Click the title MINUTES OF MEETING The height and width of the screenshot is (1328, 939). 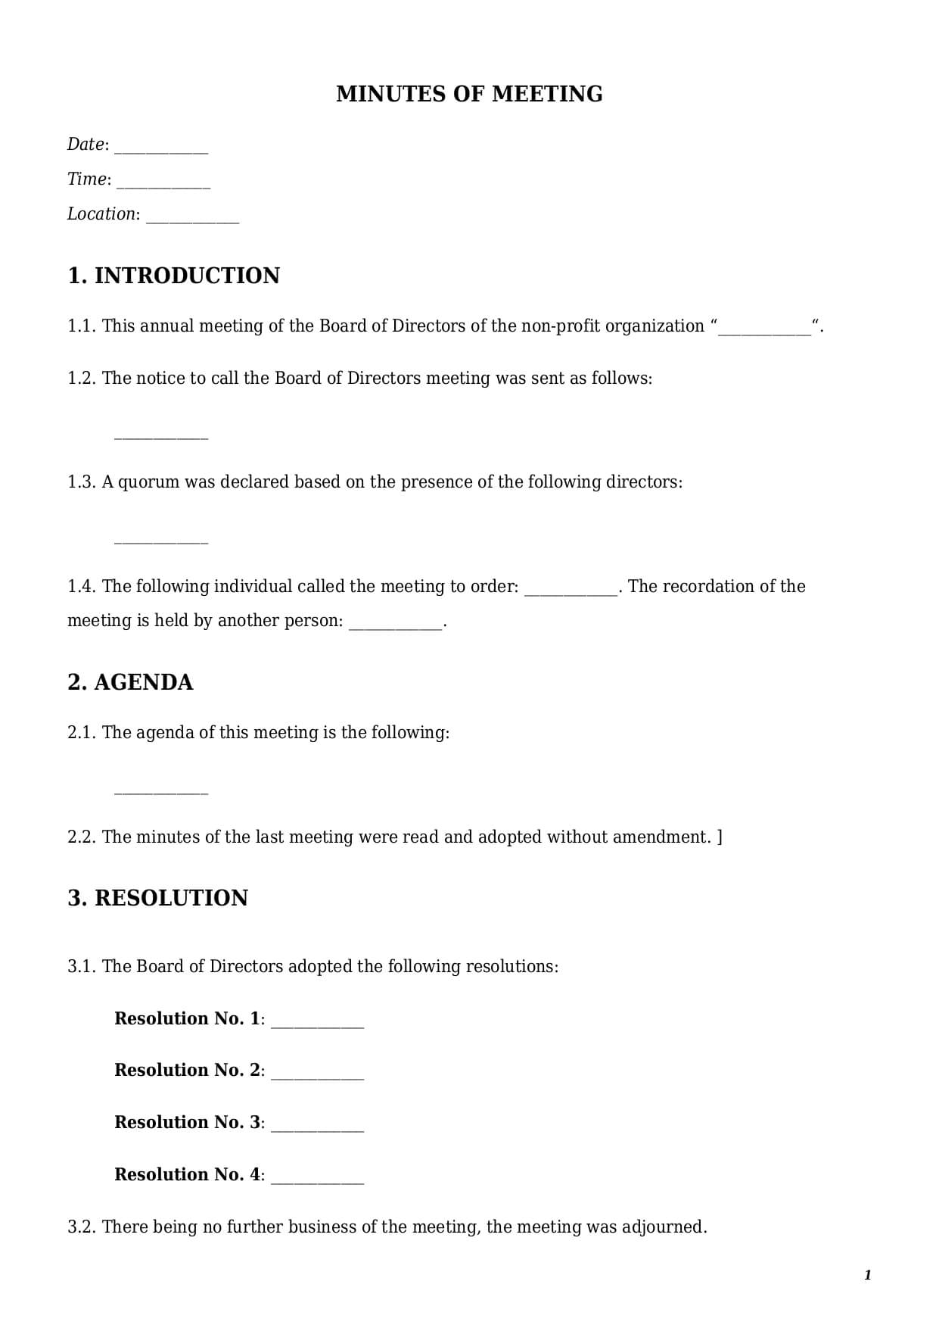pyautogui.click(x=469, y=94)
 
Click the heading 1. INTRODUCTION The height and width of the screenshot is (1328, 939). pyautogui.click(x=173, y=276)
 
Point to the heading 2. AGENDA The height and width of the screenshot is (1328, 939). pyautogui.click(x=130, y=682)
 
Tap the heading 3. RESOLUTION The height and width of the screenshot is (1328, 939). pyautogui.click(x=157, y=898)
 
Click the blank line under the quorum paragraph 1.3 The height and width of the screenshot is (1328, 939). pyautogui.click(x=160, y=541)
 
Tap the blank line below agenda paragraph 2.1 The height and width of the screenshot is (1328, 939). pyautogui.click(x=160, y=792)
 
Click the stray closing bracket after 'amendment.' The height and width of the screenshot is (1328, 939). pyautogui.click(x=720, y=837)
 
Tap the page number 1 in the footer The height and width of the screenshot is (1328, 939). pyautogui.click(x=868, y=1276)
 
